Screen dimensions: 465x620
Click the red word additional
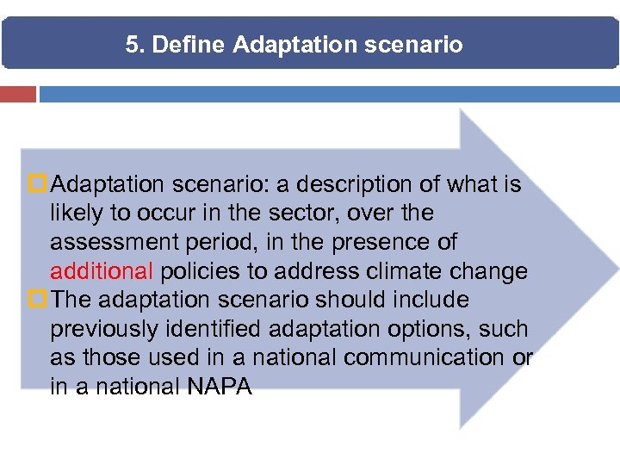(x=101, y=271)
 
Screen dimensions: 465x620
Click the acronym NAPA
(x=219, y=387)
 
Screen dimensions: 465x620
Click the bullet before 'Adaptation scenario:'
(x=40, y=184)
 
